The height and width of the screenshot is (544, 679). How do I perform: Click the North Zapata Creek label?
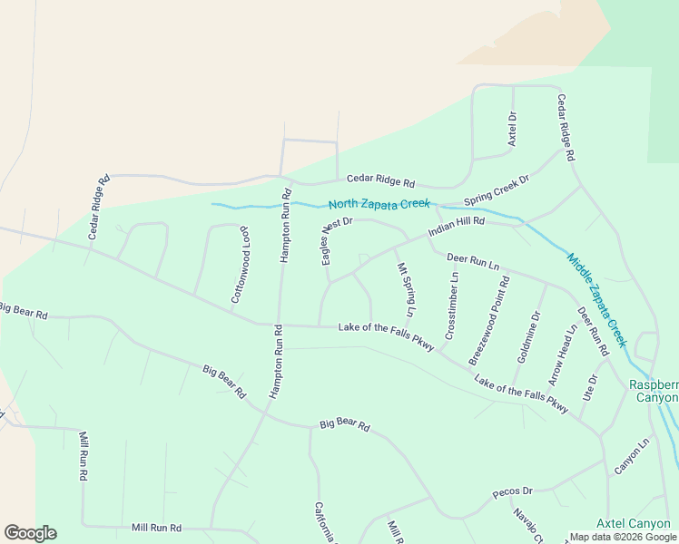pyautogui.click(x=379, y=204)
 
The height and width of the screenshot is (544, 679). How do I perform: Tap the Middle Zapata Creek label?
pyautogui.click(x=597, y=299)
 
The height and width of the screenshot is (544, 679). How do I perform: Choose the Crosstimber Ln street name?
pyautogui.click(x=451, y=306)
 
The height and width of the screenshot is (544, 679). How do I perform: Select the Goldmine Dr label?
pyautogui.click(x=528, y=336)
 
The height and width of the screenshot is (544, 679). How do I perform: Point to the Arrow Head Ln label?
pyautogui.click(x=562, y=355)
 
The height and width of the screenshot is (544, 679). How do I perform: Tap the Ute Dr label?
pyautogui.click(x=592, y=390)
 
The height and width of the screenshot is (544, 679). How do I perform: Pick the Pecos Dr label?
pyautogui.click(x=510, y=492)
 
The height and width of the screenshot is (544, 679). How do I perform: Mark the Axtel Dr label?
pyautogui.click(x=512, y=130)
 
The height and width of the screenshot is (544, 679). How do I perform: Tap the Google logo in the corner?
pyautogui.click(x=30, y=533)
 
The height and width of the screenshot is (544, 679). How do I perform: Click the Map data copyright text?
pyautogui.click(x=623, y=537)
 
